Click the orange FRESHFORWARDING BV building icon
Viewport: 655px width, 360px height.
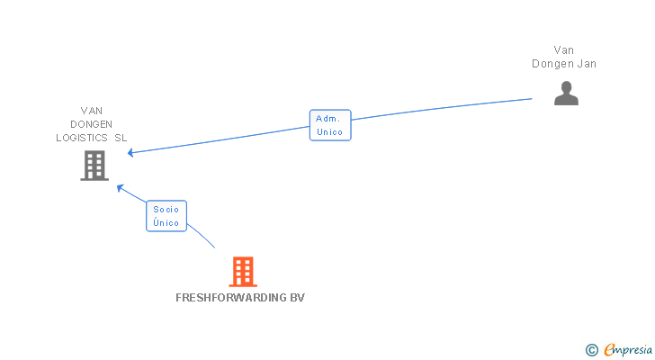(x=243, y=272)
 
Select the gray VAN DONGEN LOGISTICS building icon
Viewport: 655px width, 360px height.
(x=94, y=166)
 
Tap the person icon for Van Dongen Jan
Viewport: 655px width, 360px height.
(x=566, y=94)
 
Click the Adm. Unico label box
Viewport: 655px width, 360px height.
(x=330, y=125)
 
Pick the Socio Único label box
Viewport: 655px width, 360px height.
(x=166, y=216)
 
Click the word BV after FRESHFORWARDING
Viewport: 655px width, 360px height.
(x=298, y=298)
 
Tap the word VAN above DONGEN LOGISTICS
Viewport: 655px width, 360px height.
(x=92, y=111)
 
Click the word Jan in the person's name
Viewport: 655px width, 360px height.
(x=586, y=64)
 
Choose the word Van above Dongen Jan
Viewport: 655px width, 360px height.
(x=564, y=50)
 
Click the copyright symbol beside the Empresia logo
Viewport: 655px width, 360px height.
(x=591, y=349)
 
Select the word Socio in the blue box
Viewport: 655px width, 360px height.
(x=166, y=210)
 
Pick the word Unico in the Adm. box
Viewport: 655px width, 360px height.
(x=330, y=132)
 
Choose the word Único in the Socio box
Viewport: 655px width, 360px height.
(x=166, y=223)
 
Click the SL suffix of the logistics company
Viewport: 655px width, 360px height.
(x=121, y=138)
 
